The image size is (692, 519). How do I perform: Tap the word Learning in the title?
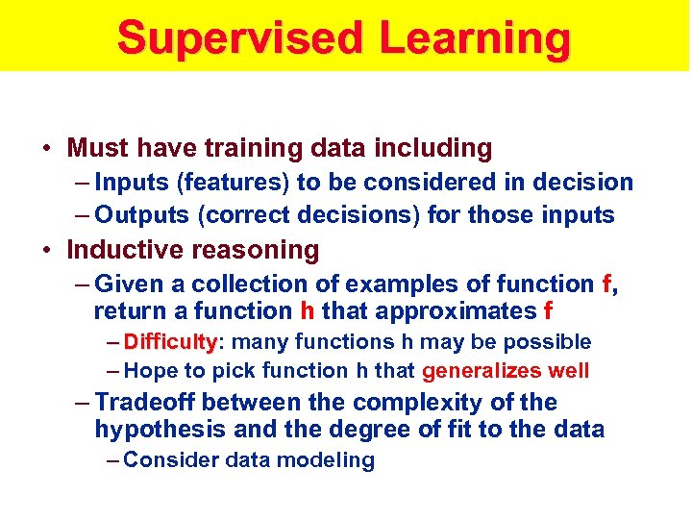pos(475,38)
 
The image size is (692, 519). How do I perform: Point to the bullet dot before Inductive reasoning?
pos(46,251)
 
